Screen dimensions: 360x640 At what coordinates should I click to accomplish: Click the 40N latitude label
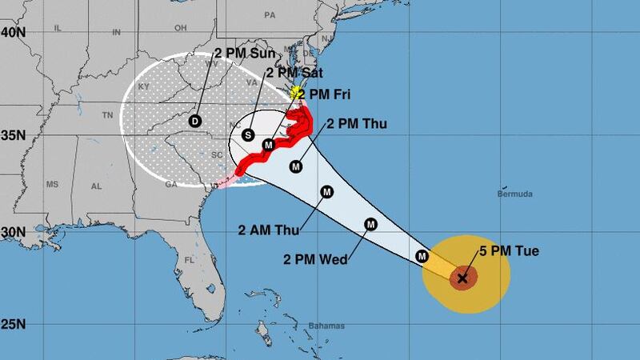[13, 33]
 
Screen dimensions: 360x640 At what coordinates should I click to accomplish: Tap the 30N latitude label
[13, 232]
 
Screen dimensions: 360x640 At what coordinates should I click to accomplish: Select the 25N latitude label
[13, 325]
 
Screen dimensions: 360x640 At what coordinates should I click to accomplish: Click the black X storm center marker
[462, 278]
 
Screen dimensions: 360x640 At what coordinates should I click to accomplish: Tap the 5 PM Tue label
[509, 251]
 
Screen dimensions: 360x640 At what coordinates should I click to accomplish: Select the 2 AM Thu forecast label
[268, 230]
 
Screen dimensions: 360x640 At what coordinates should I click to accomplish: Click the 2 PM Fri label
[329, 94]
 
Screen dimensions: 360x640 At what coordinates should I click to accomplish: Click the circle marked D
[194, 121]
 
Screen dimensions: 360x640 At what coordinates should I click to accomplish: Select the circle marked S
[248, 135]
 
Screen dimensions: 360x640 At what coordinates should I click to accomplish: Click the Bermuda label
[514, 194]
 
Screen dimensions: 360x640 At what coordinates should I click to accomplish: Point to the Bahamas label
[326, 326]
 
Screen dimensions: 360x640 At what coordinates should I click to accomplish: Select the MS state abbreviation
[54, 185]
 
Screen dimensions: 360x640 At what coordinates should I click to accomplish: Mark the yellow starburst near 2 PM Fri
[298, 93]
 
